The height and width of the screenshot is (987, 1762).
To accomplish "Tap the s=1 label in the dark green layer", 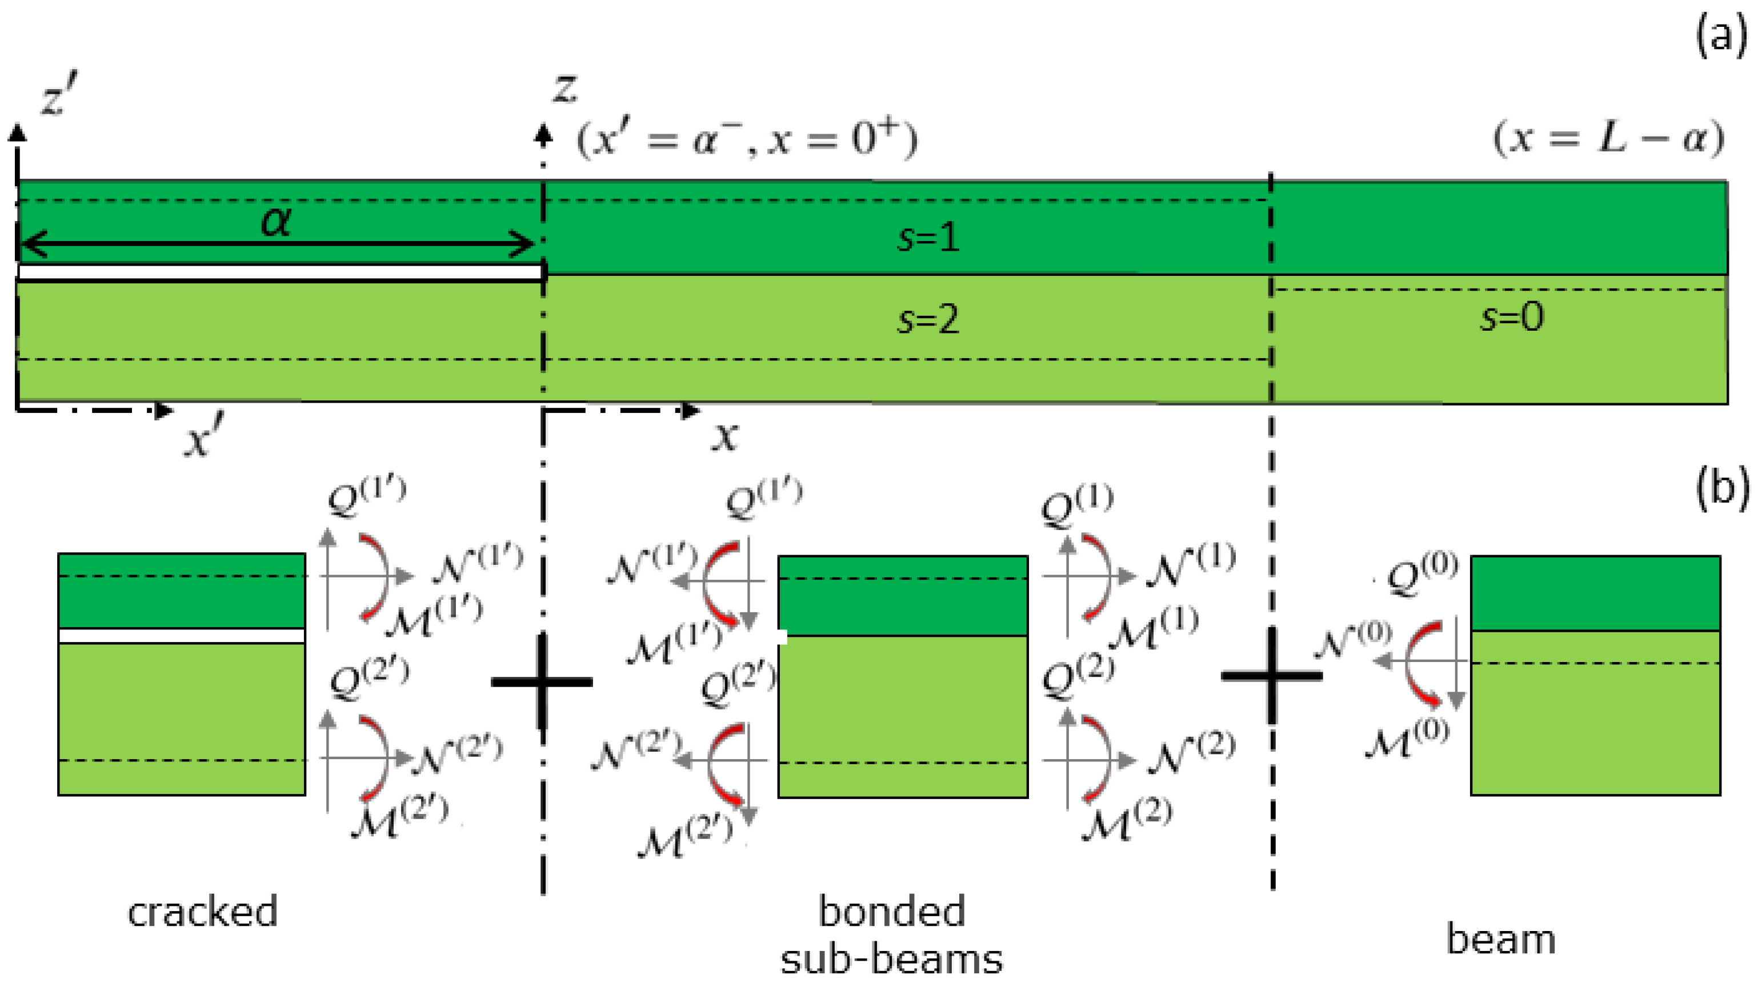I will pyautogui.click(x=928, y=238).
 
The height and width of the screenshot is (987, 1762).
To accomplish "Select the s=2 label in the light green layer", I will pyautogui.click(x=928, y=319).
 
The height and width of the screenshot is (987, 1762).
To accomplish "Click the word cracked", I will pyautogui.click(x=202, y=911).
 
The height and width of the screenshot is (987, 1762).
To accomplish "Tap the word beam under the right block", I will pyautogui.click(x=1501, y=938).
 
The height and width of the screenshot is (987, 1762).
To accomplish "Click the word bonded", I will pyautogui.click(x=891, y=911).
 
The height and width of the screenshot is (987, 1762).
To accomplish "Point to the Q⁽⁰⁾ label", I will pyautogui.click(x=1421, y=575).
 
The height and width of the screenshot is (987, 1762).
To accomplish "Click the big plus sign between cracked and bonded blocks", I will pyautogui.click(x=542, y=681).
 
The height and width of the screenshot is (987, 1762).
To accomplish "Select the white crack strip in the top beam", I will pyautogui.click(x=281, y=272).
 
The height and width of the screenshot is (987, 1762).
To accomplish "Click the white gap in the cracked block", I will pyautogui.click(x=181, y=636).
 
